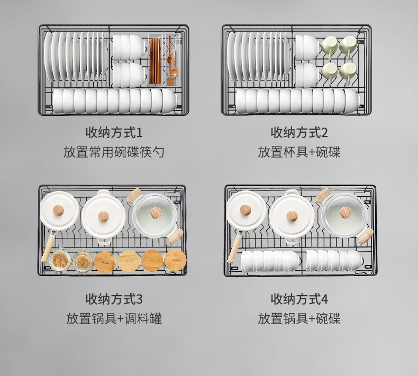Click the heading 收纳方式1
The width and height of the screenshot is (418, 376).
point(114,132)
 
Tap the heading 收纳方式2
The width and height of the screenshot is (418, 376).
point(299,132)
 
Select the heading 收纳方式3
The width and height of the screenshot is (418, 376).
point(114,299)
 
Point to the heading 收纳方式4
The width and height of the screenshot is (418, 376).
point(299,299)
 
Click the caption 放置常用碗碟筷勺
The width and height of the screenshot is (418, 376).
point(114,152)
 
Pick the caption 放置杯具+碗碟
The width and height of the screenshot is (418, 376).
point(299,152)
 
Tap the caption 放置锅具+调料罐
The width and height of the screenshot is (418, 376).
point(114,318)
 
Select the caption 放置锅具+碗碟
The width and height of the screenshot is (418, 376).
point(299,318)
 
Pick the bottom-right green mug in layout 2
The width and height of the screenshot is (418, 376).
point(348,73)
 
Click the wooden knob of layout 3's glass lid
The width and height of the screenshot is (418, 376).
point(156,213)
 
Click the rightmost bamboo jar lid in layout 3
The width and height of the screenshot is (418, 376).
point(176,260)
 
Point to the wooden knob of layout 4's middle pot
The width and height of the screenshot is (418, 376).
point(292,216)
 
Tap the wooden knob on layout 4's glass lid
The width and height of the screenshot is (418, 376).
point(345,213)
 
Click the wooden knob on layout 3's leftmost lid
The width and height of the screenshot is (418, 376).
point(58,210)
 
